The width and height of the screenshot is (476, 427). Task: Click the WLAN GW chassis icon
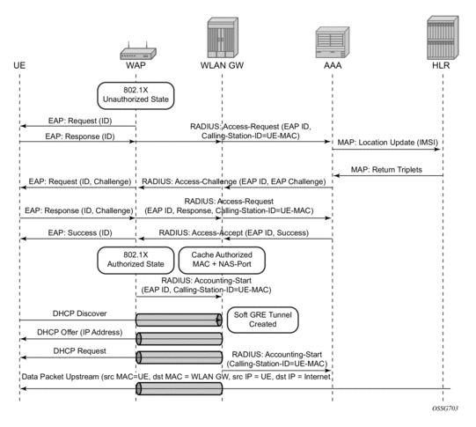pos(223,38)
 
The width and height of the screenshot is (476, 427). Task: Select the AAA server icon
pos(333,42)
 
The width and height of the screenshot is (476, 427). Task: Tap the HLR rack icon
pos(443,38)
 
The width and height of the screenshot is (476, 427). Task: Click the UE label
pos(19,66)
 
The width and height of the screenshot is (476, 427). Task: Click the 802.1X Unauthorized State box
pos(135,95)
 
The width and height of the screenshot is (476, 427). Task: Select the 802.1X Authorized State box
pos(135,260)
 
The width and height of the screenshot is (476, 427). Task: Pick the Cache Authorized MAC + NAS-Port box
pos(222,260)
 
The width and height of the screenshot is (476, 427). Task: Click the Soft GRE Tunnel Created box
pos(262,320)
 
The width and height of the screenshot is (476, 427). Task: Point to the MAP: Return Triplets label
pos(386,169)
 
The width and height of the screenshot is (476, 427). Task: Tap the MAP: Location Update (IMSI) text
pos(388,143)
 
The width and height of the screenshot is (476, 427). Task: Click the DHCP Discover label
pos(79,313)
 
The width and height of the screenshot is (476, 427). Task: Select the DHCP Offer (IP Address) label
pos(80,332)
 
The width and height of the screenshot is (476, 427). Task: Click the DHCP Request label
pos(80,351)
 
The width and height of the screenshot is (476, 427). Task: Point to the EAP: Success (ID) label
pos(80,233)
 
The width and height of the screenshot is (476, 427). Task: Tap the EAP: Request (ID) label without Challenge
pos(80,121)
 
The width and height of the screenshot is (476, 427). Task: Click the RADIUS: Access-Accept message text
pos(234,233)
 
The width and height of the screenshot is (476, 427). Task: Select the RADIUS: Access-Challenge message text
pos(234,181)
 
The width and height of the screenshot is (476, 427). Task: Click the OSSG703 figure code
pos(445,409)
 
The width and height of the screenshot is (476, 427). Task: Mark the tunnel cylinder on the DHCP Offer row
pos(179,339)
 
